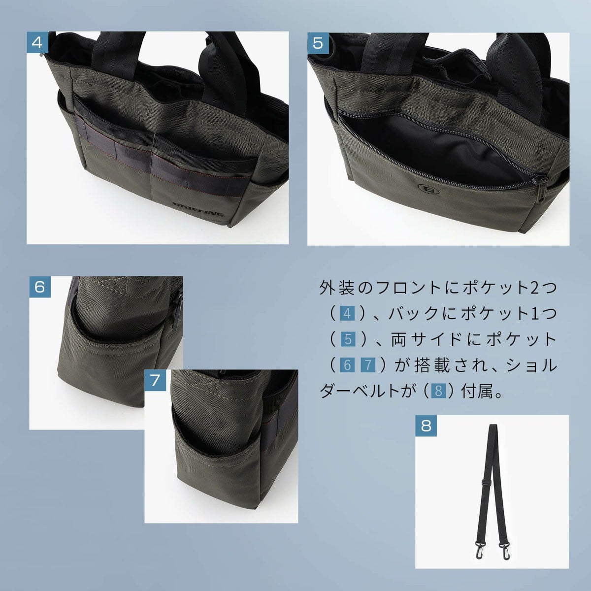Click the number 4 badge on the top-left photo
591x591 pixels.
click(x=37, y=42)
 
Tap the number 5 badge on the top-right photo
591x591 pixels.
click(x=318, y=43)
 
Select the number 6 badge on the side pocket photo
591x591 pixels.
click(x=40, y=287)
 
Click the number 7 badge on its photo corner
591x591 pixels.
click(x=155, y=380)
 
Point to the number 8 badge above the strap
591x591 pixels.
click(x=426, y=426)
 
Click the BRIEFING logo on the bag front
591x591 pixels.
click(x=198, y=209)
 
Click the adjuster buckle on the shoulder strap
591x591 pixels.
click(x=485, y=483)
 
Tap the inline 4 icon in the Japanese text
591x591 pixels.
click(x=347, y=314)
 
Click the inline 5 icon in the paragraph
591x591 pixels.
click(x=348, y=339)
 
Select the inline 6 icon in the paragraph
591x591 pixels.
click(x=347, y=365)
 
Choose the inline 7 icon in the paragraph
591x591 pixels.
click(x=368, y=365)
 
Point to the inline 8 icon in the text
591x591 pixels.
click(x=438, y=391)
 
